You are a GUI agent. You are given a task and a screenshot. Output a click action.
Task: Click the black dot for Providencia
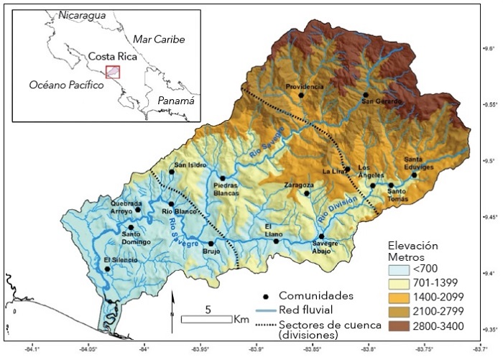(302, 95)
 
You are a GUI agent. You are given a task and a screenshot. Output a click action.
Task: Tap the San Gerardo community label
(366, 102)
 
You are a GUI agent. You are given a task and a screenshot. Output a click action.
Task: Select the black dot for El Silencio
(107, 269)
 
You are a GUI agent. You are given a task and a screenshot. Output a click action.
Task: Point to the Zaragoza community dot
(308, 193)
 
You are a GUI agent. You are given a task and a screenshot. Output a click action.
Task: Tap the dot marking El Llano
(276, 241)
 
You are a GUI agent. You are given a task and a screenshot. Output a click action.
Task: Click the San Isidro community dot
(172, 172)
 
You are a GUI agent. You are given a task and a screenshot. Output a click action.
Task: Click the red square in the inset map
(113, 71)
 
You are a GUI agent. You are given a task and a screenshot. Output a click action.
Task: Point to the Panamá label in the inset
(176, 101)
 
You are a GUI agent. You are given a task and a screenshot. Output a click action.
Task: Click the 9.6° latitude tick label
(489, 49)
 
